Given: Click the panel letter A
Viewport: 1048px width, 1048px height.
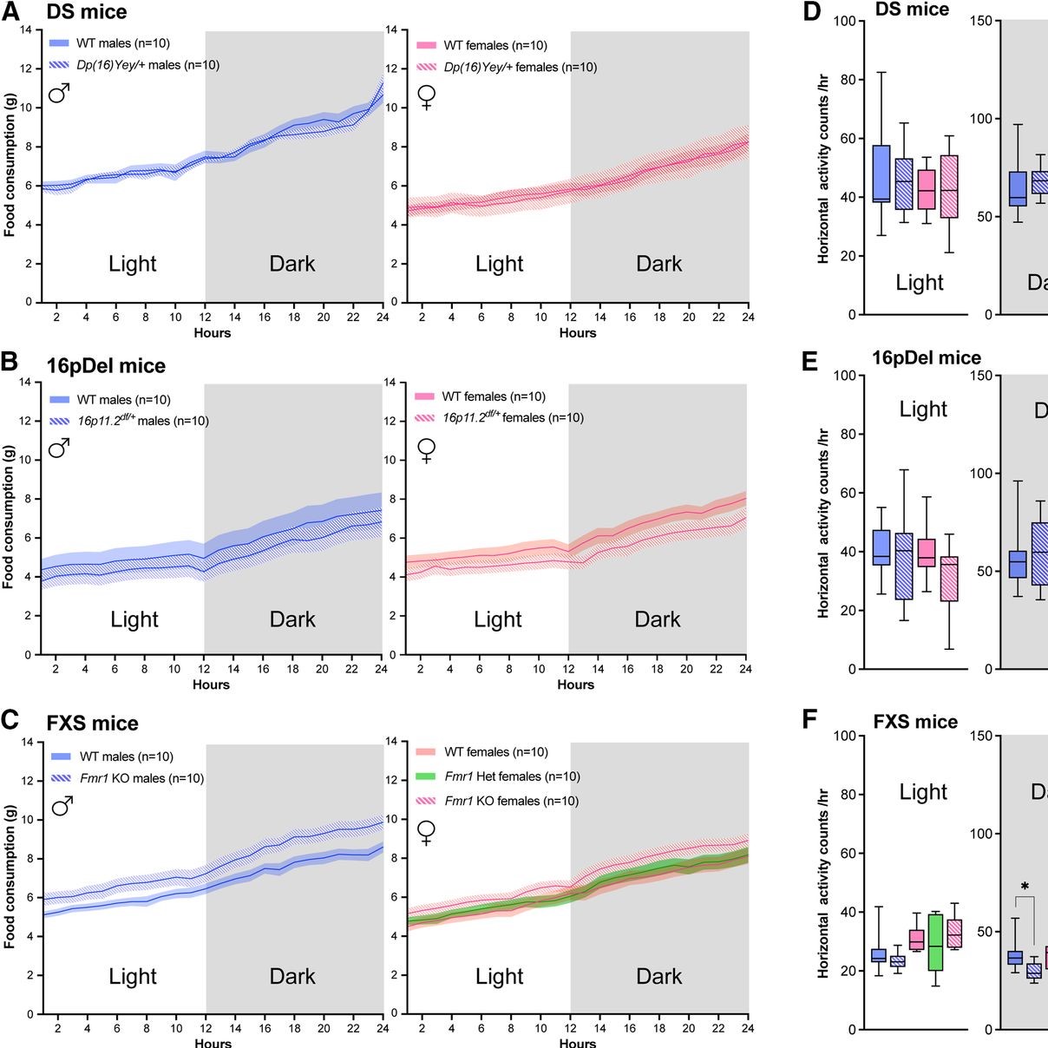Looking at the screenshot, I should click(11, 11).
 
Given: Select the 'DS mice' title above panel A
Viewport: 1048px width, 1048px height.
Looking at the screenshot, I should click(87, 12).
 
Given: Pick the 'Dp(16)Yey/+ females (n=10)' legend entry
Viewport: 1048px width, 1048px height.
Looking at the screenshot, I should click(520, 67).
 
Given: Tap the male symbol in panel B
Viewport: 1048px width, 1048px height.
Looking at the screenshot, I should click(59, 448).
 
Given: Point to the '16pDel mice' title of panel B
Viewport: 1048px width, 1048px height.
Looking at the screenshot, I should click(106, 366).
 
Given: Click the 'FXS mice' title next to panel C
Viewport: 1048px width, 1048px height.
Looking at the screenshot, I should click(92, 724).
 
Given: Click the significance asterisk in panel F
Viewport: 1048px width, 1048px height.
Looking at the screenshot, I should click(1025, 887).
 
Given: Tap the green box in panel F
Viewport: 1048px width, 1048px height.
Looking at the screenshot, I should click(935, 941).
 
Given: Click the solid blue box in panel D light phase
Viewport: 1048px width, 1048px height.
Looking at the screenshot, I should click(881, 174).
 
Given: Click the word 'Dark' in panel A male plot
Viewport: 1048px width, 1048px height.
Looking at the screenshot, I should click(292, 264).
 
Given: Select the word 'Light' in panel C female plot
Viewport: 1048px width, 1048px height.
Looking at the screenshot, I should click(500, 976).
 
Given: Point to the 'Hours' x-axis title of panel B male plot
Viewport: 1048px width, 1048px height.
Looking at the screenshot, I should click(211, 684).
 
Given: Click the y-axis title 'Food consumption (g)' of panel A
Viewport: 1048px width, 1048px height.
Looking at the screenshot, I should click(10, 166).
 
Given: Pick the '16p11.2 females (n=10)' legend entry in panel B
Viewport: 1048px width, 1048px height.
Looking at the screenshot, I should click(513, 417).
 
